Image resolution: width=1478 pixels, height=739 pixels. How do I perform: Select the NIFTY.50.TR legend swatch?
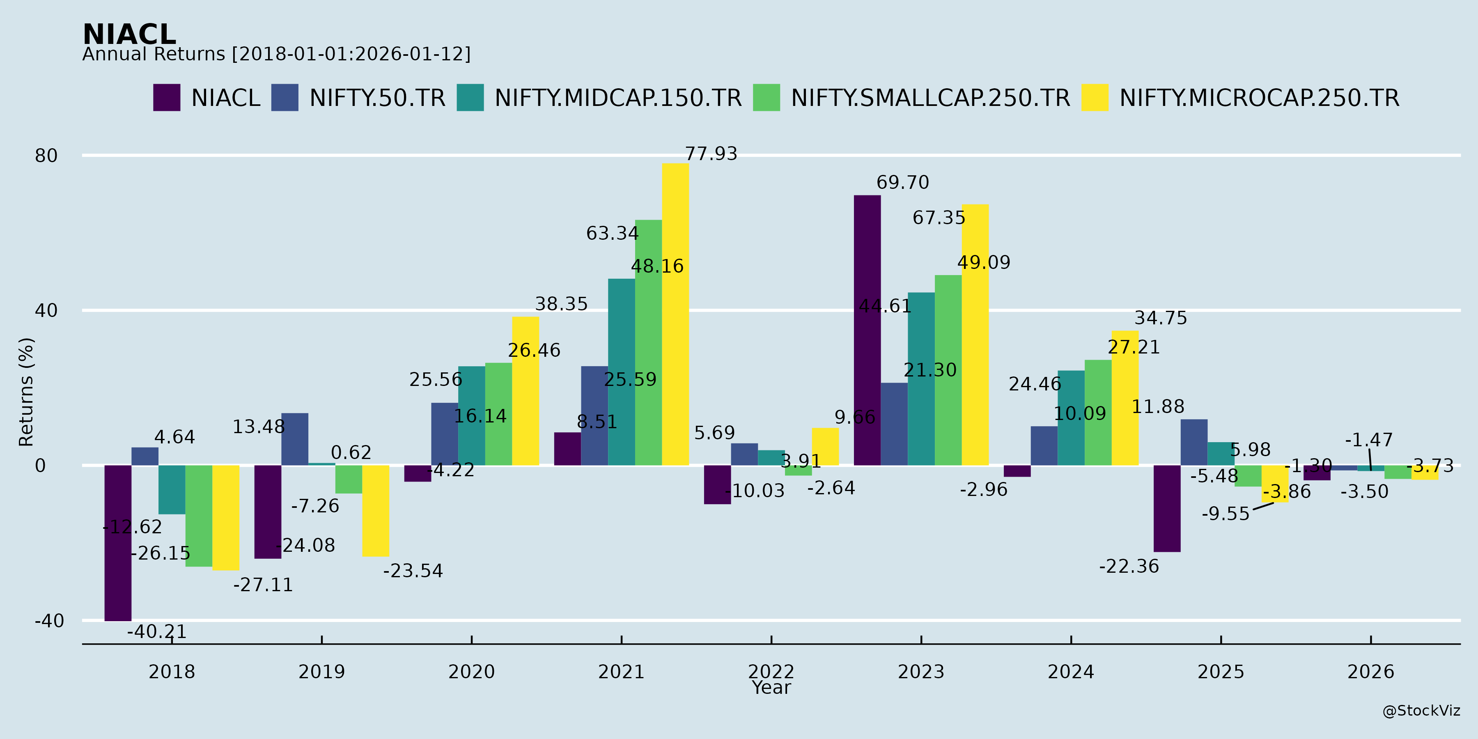point(285,98)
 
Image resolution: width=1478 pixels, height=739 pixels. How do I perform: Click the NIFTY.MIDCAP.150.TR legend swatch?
point(470,98)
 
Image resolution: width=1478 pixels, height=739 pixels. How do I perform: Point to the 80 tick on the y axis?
point(46,156)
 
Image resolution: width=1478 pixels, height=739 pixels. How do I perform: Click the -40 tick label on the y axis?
point(49,621)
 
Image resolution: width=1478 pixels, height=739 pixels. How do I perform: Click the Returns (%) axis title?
point(26,392)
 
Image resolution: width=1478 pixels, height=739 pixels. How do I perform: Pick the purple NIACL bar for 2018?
point(117,543)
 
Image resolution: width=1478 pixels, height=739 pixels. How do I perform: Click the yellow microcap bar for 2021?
point(675,314)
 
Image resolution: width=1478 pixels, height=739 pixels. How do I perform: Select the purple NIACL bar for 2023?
point(867,330)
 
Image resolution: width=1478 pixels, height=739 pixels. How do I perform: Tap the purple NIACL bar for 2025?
point(1167,508)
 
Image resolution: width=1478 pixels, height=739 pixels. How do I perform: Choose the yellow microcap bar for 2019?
point(375,511)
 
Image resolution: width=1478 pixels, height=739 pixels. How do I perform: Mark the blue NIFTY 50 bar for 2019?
point(294,439)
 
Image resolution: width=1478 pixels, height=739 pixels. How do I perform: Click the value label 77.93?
point(711,154)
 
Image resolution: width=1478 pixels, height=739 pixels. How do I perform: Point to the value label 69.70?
point(902,182)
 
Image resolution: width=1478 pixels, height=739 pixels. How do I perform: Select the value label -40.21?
point(157,632)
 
